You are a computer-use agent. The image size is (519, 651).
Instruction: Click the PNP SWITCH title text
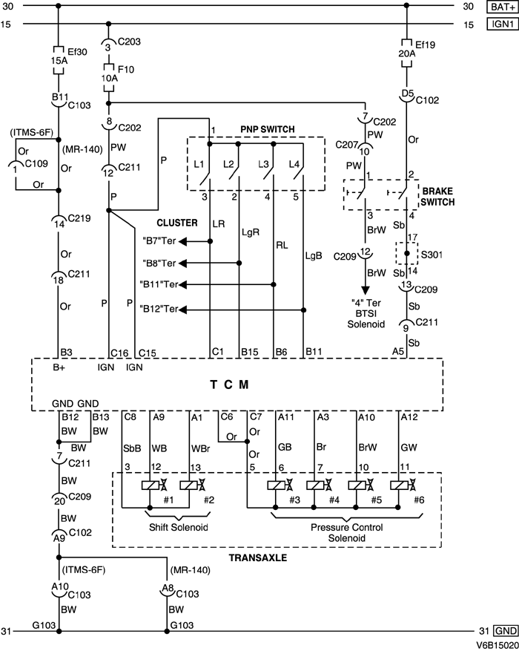pos(267,129)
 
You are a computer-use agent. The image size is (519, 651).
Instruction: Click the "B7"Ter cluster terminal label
pos(159,242)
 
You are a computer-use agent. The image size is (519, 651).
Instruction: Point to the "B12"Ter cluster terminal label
pos(158,308)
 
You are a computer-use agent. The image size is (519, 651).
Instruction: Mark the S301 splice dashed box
pos(406,254)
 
